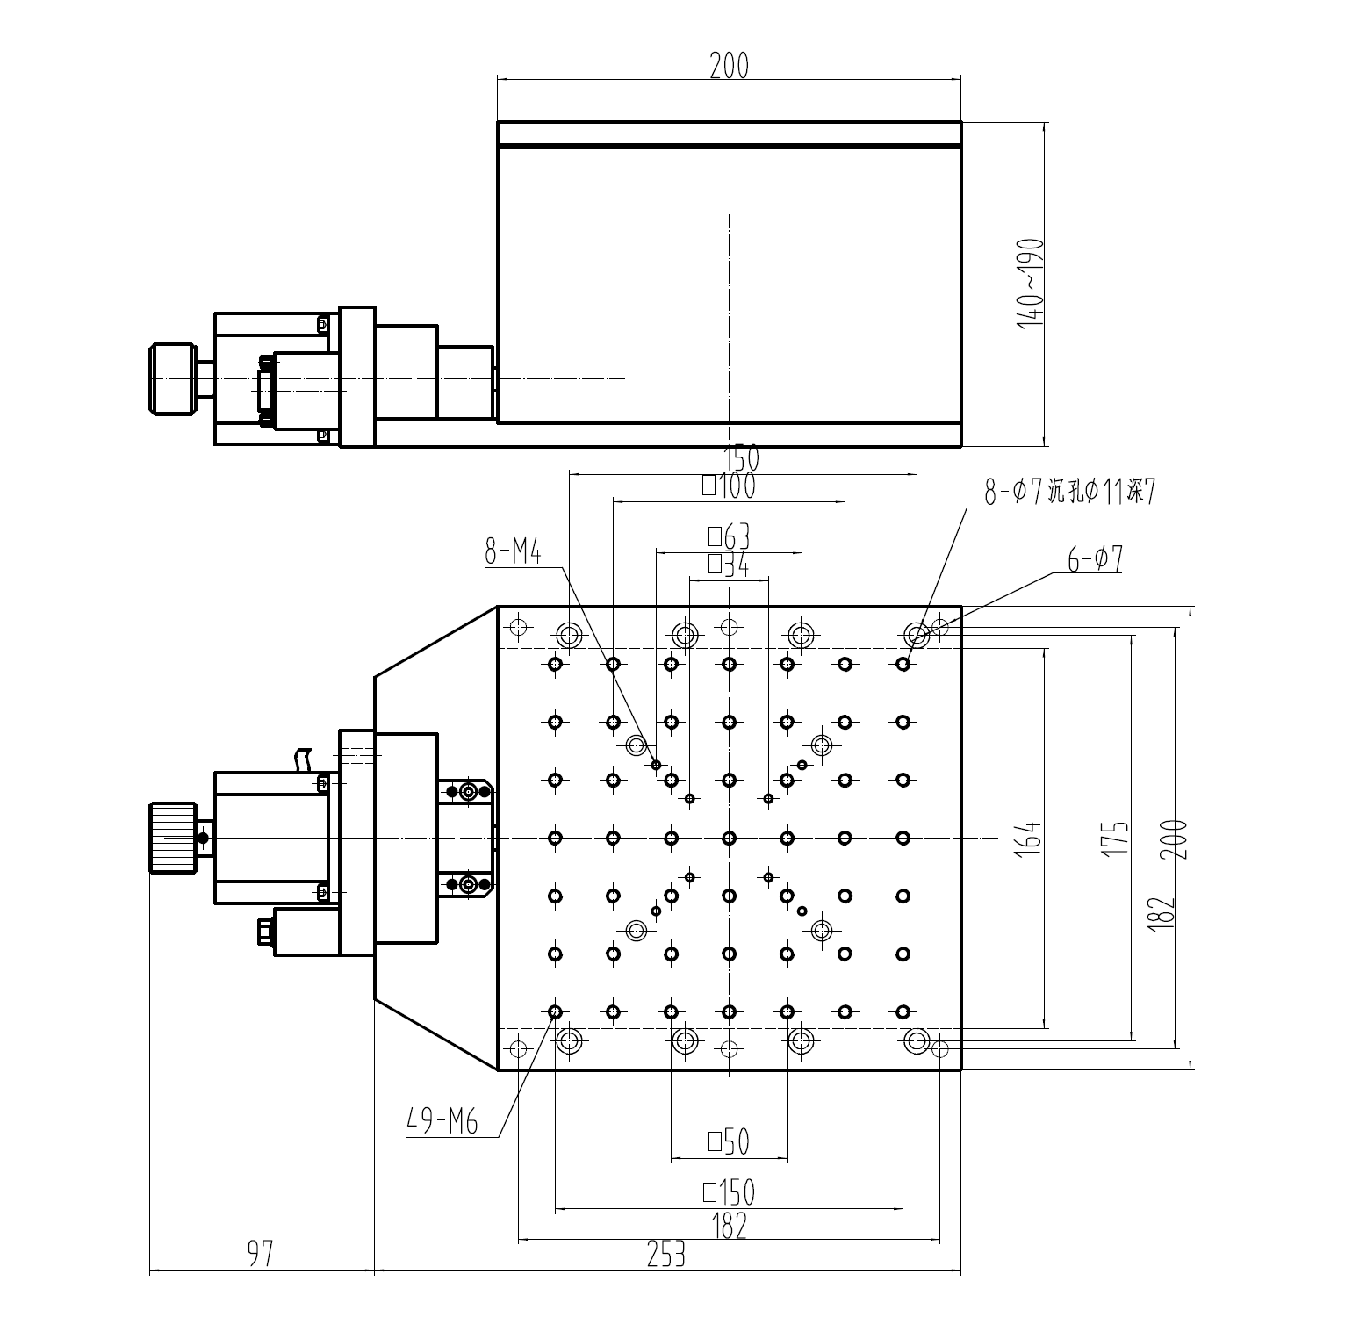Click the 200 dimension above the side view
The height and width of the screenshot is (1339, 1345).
coord(729,66)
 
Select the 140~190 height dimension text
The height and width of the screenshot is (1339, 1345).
coord(1030,284)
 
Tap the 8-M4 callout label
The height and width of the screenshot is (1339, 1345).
coord(513,552)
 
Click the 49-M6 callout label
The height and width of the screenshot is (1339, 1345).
coord(442,1121)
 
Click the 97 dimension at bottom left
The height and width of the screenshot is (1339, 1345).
coord(260,1254)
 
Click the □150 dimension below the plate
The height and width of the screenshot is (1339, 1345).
coord(729,1192)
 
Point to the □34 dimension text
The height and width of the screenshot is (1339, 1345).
coord(729,565)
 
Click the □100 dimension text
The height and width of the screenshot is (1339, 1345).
coord(729,486)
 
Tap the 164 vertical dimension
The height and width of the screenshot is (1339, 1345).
coord(1030,839)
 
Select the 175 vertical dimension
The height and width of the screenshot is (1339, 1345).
coord(1116,839)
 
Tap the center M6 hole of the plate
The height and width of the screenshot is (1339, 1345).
coord(729,839)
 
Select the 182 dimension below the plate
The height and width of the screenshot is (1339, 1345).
coord(729,1225)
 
